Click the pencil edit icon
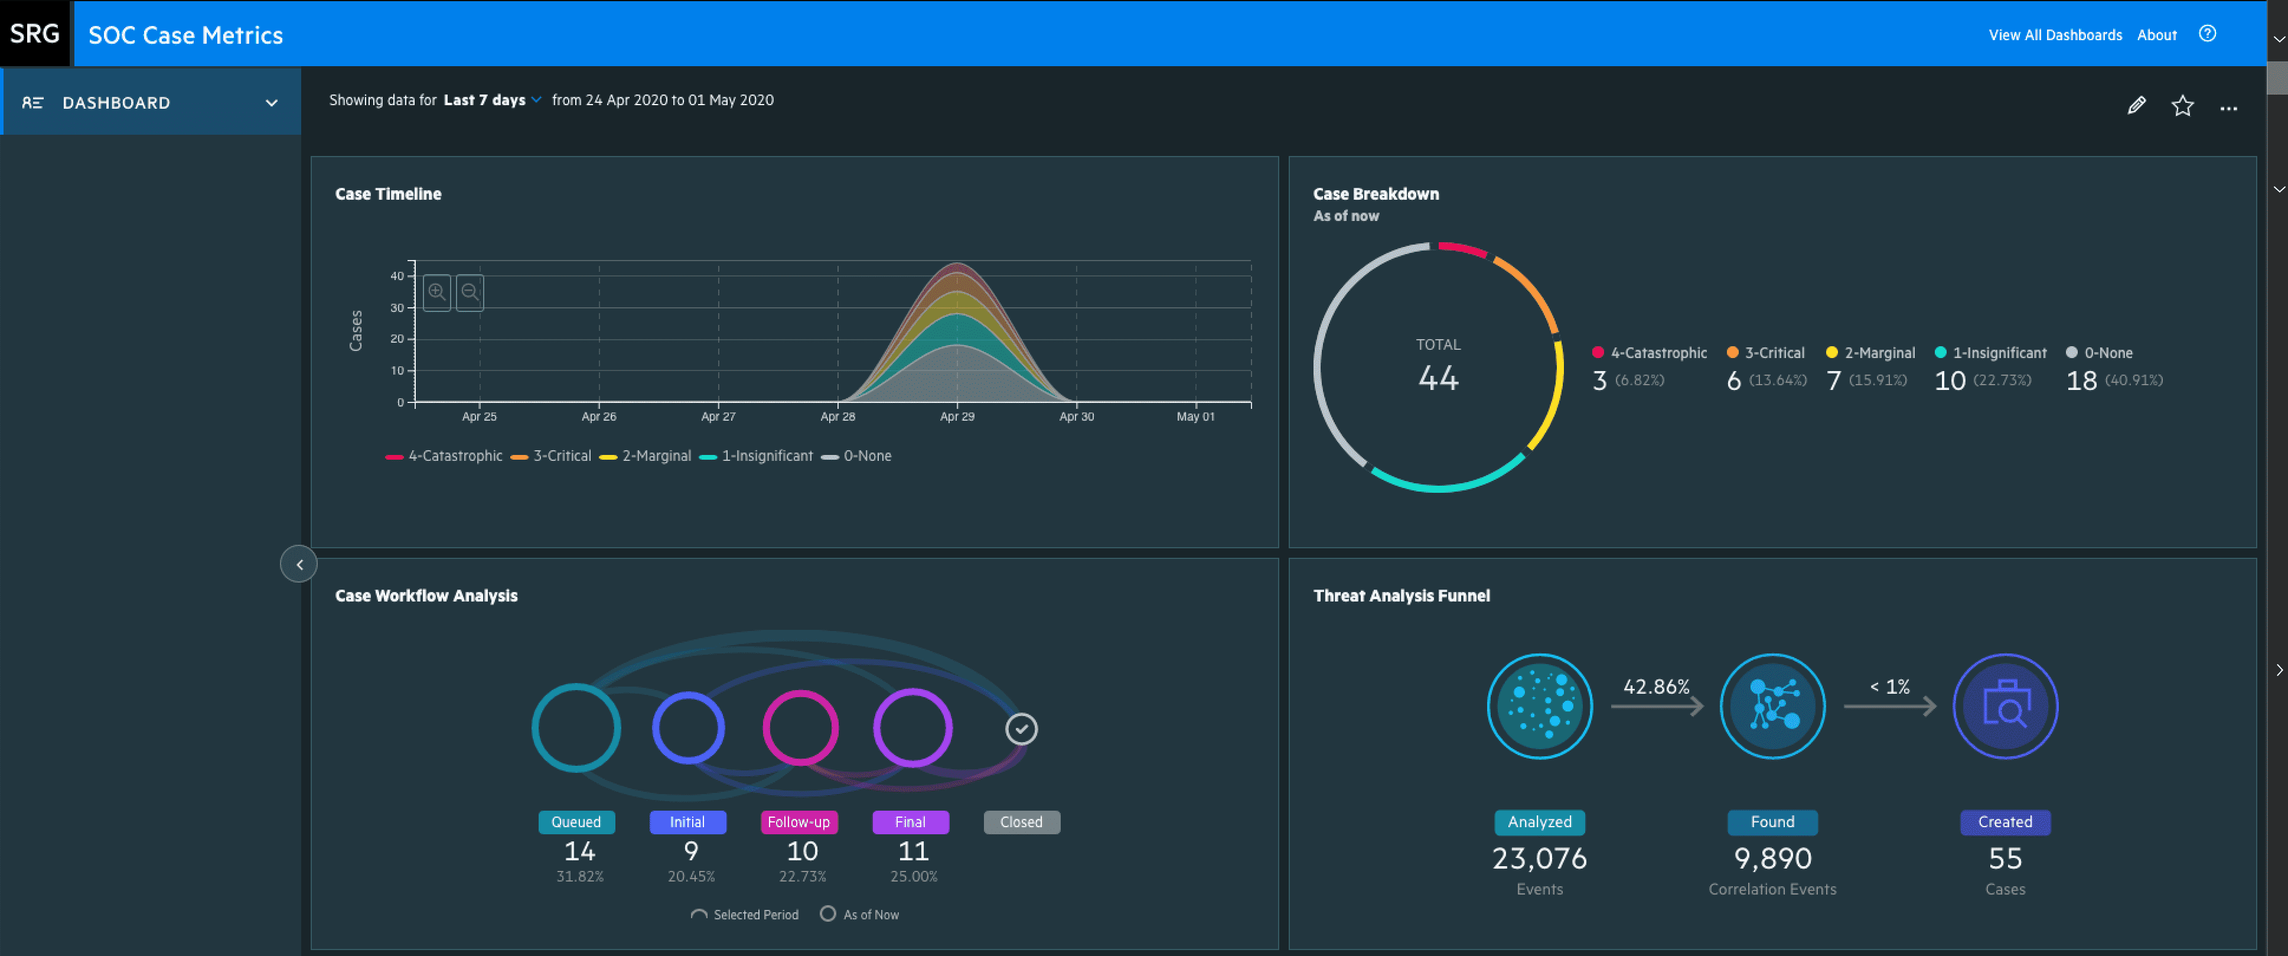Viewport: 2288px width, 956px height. (x=2136, y=106)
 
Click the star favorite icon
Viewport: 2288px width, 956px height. (x=2182, y=106)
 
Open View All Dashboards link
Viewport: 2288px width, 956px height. (x=2054, y=35)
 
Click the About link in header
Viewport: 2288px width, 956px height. (x=2156, y=35)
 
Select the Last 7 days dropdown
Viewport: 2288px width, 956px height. (x=492, y=100)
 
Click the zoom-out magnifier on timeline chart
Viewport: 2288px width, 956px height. (x=470, y=292)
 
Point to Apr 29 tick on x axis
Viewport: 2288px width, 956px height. (x=957, y=416)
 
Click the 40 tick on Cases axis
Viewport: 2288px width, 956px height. (x=397, y=277)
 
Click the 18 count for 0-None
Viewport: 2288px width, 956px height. (x=2081, y=381)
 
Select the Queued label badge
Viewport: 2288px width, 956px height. (x=576, y=822)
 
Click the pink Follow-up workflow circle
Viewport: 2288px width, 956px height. (x=800, y=729)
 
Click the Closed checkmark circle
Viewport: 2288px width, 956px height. (x=1021, y=730)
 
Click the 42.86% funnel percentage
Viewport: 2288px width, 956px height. (x=1655, y=687)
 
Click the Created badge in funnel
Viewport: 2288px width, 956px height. (x=2005, y=822)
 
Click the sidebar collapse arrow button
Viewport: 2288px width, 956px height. (x=299, y=564)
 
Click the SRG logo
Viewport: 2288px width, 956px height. (x=35, y=34)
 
